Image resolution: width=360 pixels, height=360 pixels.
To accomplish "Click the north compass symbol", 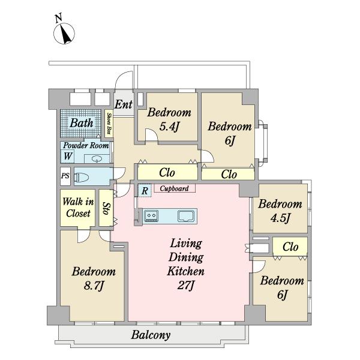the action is point(64,34).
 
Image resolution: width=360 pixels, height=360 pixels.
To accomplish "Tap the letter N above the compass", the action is point(59,18).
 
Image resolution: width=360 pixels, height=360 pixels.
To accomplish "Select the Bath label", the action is point(82,123).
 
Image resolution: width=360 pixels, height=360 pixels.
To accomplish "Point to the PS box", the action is point(65,176).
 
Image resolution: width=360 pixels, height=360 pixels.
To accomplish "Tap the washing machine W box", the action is point(67,156).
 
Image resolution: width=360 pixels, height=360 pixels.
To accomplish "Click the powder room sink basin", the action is point(97,159).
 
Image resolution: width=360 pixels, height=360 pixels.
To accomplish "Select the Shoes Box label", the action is point(109,124).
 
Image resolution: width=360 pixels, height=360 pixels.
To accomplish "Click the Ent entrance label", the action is point(123,104).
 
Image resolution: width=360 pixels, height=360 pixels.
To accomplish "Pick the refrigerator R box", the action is point(145,190).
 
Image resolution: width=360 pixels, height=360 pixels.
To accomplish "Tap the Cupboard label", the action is point(174,188).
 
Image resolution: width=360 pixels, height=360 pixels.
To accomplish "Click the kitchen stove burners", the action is point(151,216).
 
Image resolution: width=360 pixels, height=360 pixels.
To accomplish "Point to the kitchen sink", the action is point(186,216).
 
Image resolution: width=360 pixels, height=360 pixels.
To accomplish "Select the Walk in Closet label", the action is point(78,208).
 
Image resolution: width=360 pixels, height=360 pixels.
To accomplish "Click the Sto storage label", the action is point(106,208).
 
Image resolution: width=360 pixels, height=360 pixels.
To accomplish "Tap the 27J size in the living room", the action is point(186,286).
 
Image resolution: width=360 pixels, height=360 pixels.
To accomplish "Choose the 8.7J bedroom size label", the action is point(94,286).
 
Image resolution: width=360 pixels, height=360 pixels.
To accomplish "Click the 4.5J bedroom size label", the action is point(280,218).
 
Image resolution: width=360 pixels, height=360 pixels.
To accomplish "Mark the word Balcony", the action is point(151,335).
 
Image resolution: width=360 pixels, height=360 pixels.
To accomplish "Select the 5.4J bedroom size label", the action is point(169,127).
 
